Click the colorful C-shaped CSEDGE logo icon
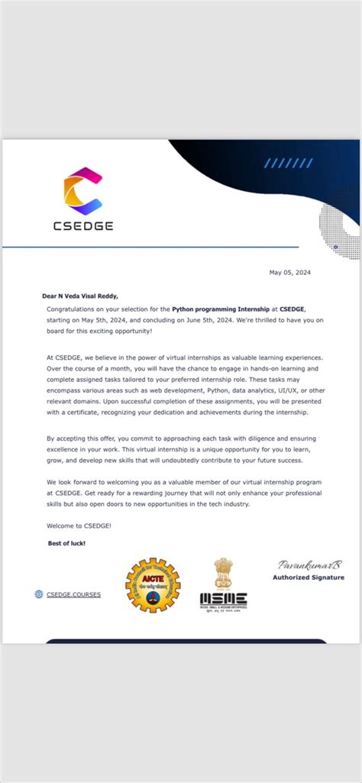(x=82, y=192)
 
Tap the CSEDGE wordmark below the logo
(x=82, y=226)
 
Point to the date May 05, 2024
(x=289, y=272)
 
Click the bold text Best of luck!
(x=66, y=542)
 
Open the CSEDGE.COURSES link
(x=73, y=594)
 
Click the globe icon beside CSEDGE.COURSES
(x=39, y=594)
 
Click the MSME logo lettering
(x=223, y=599)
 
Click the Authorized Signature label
(x=309, y=578)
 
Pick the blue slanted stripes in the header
(x=286, y=163)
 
